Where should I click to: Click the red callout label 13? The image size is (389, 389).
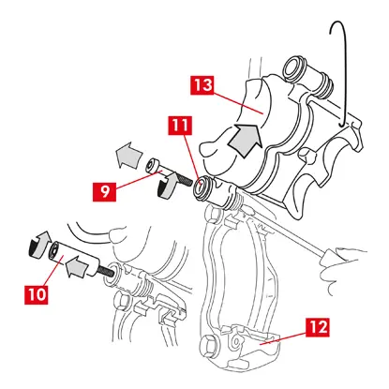pos(202,85)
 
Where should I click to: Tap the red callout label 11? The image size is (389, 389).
pos(180,126)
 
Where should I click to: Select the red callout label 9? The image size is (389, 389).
pos(105,192)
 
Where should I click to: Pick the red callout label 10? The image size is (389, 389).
pos(37,294)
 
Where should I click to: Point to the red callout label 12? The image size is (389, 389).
pos(318,327)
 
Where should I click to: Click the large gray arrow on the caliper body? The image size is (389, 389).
pos(246,140)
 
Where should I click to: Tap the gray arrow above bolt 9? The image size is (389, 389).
pos(128,155)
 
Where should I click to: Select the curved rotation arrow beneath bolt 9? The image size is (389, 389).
pos(167,187)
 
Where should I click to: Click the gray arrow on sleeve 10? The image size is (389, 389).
pos(77,266)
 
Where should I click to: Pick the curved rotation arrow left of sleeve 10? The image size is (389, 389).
pos(38,245)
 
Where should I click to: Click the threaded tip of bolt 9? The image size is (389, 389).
pos(185,181)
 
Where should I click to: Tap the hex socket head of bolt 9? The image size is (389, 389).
pos(152,165)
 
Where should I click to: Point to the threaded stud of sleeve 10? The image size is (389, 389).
pos(108,270)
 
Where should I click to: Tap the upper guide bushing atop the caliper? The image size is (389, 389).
pos(294,67)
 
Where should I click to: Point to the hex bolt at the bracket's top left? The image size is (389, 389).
pos(212,215)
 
